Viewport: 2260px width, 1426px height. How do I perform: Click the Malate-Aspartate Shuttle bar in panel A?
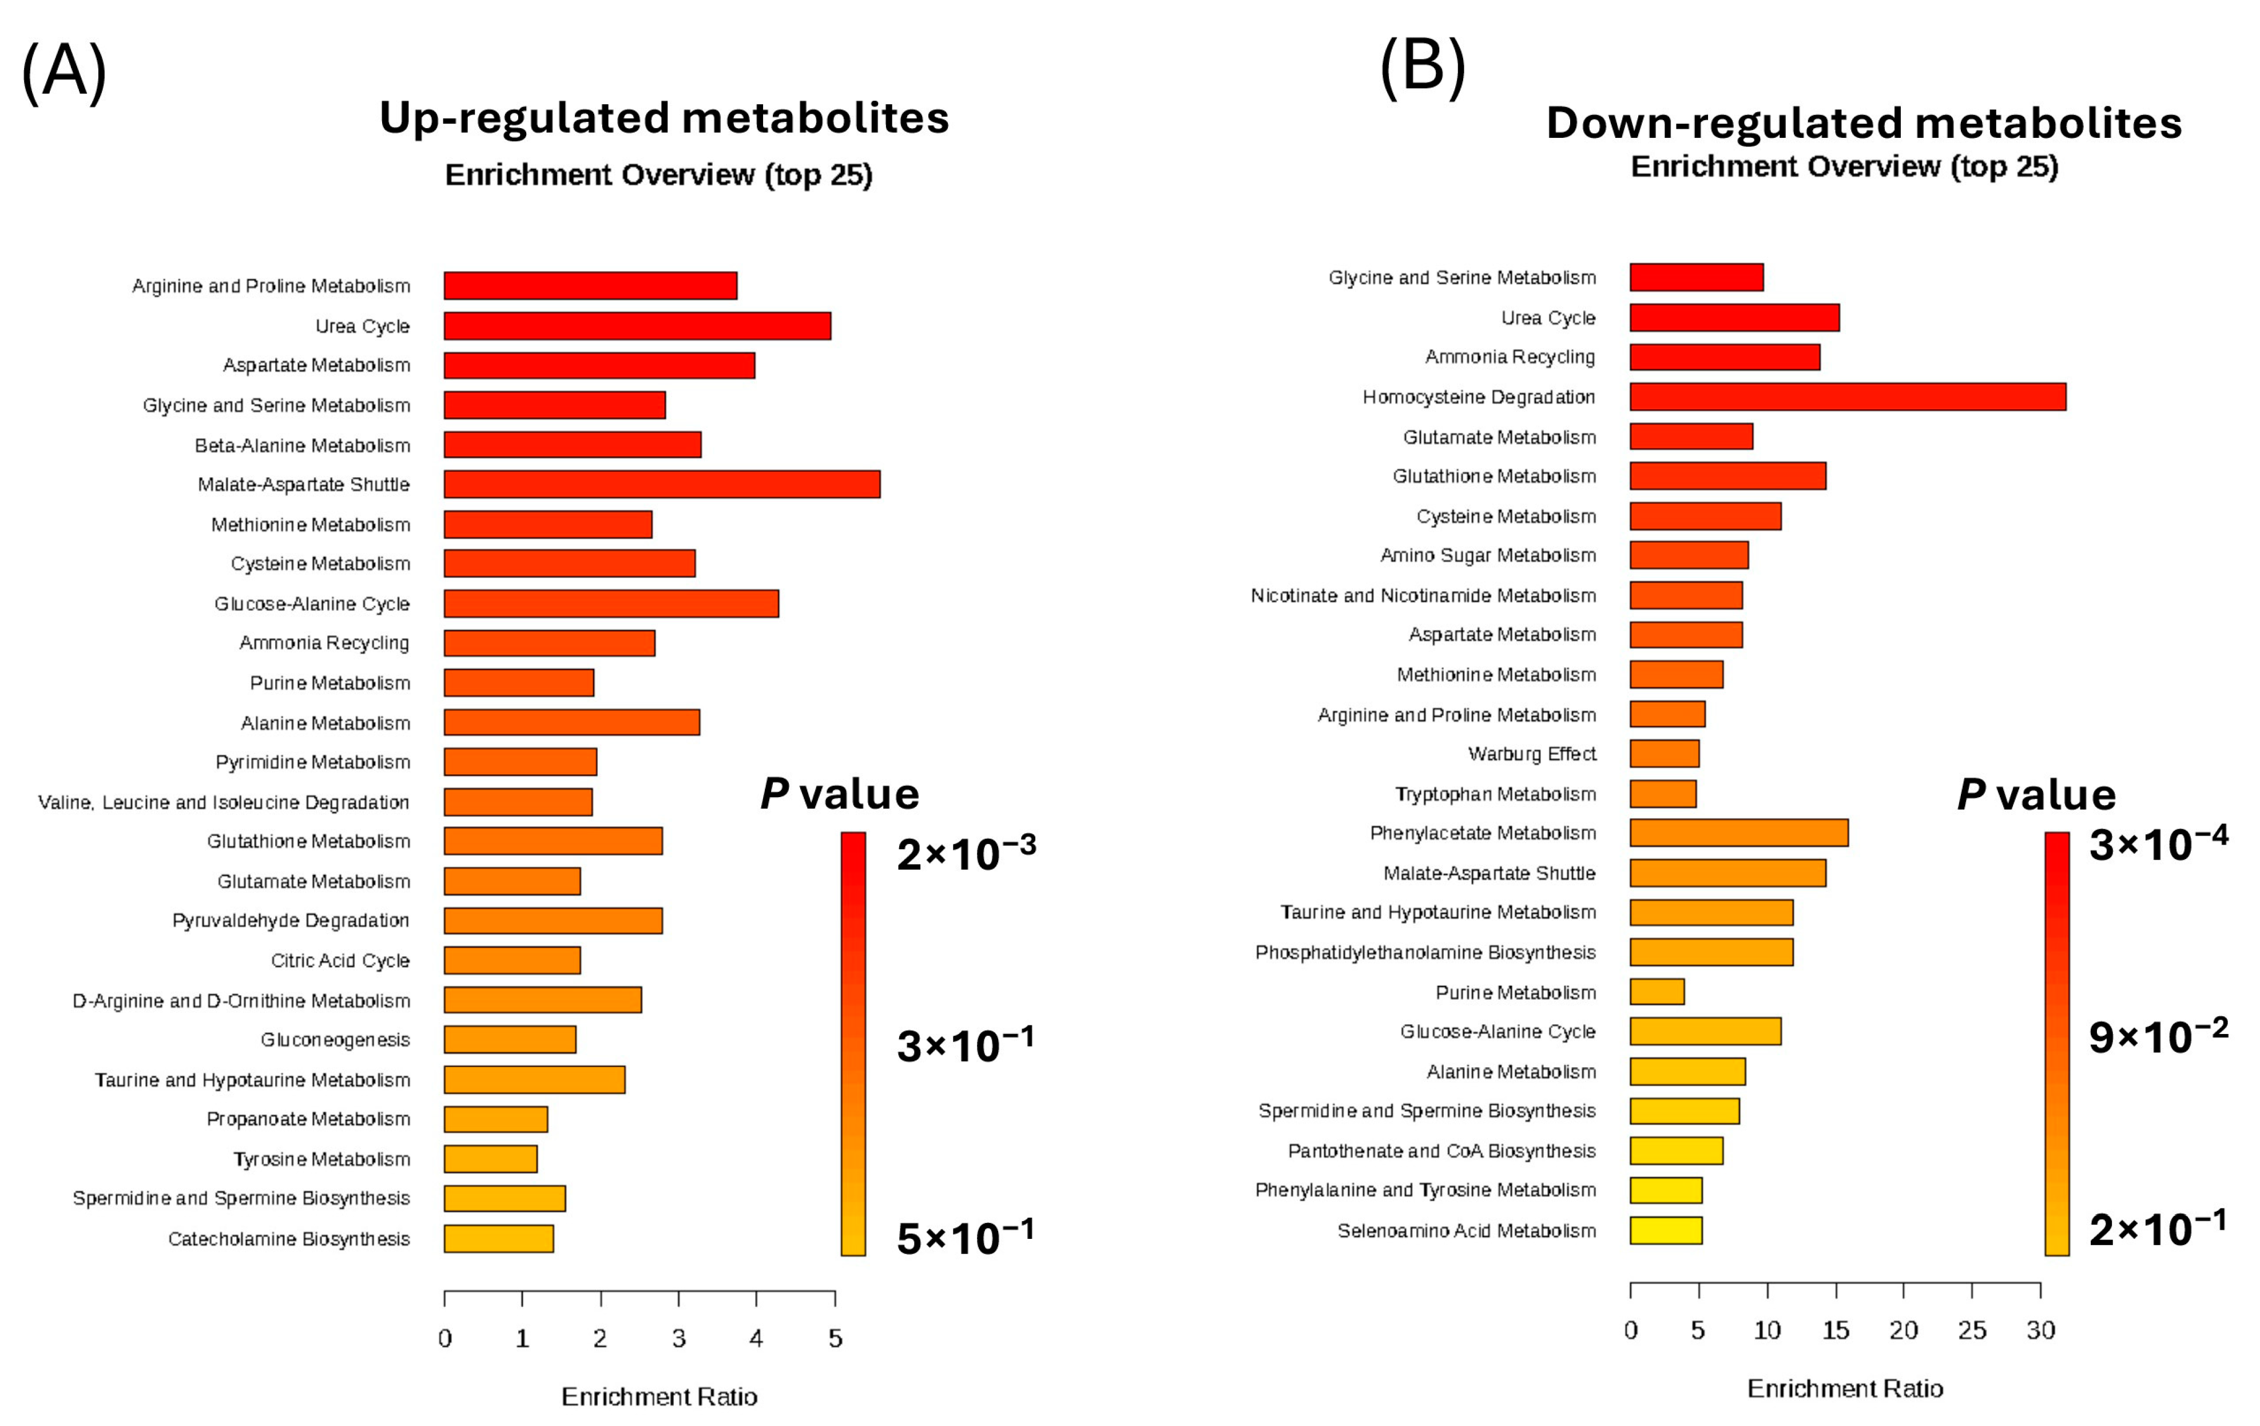tap(662, 485)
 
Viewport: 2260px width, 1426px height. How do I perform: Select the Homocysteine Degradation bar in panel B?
tap(1847, 397)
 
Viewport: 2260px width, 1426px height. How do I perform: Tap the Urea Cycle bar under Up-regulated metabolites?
tap(637, 326)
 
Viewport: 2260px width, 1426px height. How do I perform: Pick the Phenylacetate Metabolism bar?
tap(1738, 833)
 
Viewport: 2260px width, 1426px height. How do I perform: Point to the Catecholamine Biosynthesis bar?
tap(498, 1238)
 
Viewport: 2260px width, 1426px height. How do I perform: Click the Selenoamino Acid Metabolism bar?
tap(1665, 1230)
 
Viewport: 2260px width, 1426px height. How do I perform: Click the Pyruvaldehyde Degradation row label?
tap(291, 920)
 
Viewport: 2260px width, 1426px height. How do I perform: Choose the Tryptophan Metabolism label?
tap(1495, 794)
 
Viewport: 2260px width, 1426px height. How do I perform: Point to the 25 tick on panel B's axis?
tap(1971, 1329)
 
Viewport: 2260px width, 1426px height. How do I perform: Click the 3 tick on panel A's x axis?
tap(678, 1338)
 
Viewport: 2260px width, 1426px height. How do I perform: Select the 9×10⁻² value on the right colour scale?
tap(2158, 1036)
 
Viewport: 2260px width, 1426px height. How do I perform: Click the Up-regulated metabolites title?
tap(664, 118)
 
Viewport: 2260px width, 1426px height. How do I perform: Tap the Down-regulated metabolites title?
tap(1863, 123)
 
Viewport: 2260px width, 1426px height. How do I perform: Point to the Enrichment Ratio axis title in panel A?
tap(659, 1396)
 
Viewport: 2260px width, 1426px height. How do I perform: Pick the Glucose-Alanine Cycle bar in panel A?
tap(611, 604)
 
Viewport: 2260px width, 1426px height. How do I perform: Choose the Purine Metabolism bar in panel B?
tap(1657, 991)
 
